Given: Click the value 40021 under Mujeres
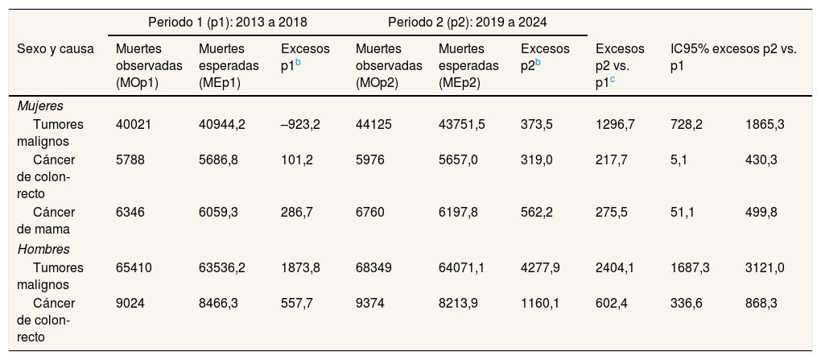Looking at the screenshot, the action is (134, 125).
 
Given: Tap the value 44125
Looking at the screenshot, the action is (373, 125).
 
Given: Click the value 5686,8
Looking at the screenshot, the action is (218, 160).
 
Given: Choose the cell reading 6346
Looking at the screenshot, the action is (130, 213).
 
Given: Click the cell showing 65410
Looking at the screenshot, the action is (134, 267).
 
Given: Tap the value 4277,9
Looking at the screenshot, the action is (540, 267).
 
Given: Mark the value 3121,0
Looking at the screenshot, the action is (765, 267).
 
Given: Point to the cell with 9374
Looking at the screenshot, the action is (369, 304).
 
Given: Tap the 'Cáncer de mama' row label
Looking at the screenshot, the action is (46, 221).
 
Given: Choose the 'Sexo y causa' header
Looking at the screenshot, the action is (56, 49).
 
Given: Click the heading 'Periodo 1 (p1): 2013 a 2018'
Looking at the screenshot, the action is (228, 22).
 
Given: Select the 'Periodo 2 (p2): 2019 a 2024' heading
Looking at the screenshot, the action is (468, 22).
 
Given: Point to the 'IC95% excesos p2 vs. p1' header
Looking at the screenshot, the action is (733, 58).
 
